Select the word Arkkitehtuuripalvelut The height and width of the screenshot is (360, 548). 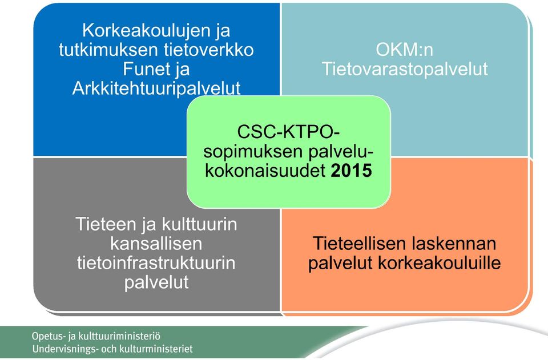pos(156,88)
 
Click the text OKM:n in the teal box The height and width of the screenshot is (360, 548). pos(404,50)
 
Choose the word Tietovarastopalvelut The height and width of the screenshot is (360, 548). pos(404,69)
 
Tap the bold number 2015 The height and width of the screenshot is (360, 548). pos(351,171)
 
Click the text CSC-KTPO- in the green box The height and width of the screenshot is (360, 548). pos(288,132)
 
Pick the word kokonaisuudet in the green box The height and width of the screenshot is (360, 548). pos(265,171)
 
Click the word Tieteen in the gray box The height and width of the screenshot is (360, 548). pos(105,224)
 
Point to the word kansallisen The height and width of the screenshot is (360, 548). pos(156,244)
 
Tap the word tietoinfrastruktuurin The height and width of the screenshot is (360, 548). pos(156,262)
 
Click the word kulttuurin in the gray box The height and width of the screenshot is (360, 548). pos(200,224)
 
